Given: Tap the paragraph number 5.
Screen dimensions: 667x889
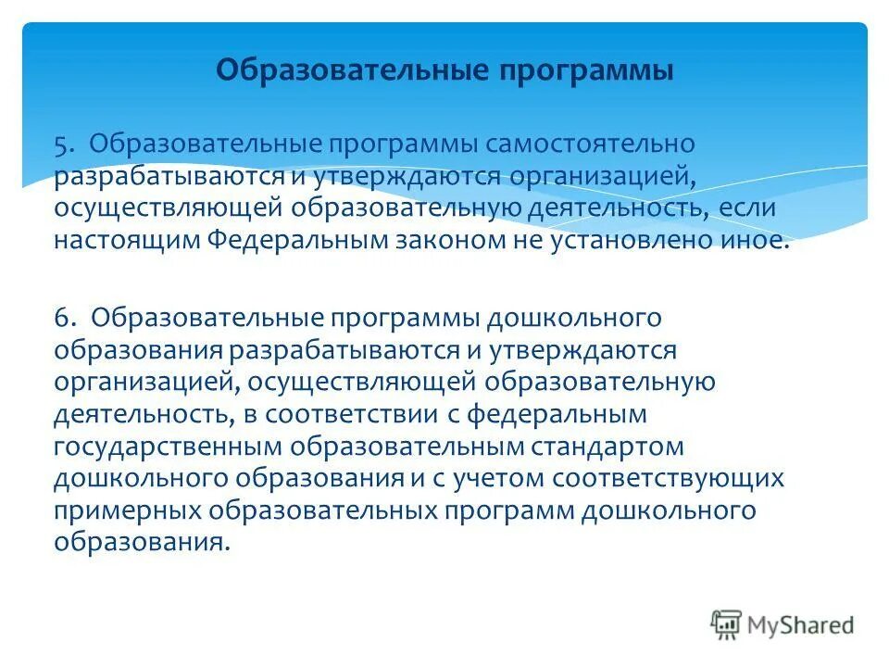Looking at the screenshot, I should coord(61,145).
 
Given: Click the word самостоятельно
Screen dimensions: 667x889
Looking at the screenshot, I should coord(590,145).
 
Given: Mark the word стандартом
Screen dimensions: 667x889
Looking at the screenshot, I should coord(607,447).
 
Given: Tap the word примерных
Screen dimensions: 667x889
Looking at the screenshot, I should coord(127,510).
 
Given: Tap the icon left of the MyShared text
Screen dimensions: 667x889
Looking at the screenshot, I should coord(727,624).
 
